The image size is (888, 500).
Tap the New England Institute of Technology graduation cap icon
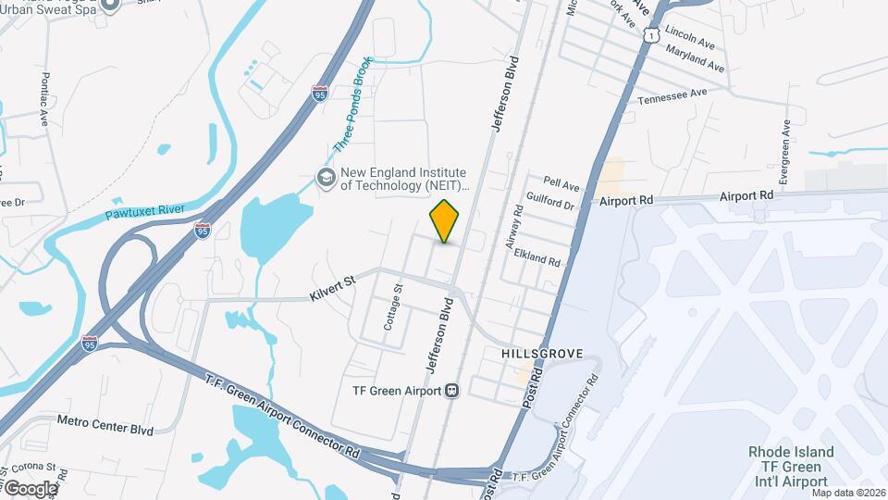point(326,176)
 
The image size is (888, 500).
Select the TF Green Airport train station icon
point(452,391)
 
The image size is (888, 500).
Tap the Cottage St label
point(394,308)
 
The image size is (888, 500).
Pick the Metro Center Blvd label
point(105,430)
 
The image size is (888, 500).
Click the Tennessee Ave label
point(672,94)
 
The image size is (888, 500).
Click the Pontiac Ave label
point(44,98)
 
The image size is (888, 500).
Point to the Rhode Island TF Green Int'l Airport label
point(791,467)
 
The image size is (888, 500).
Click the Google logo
point(30,488)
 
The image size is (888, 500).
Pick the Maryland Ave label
point(695,61)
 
